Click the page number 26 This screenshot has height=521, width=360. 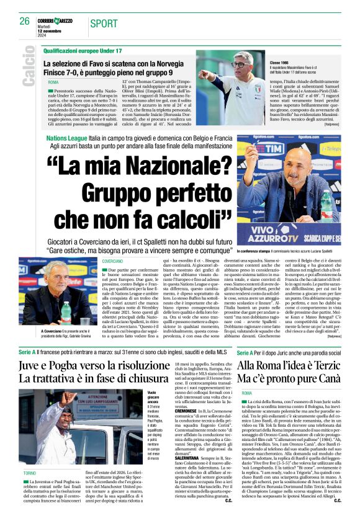pyautogui.click(x=24, y=21)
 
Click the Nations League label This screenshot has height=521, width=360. pyautogui.click(x=67, y=141)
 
